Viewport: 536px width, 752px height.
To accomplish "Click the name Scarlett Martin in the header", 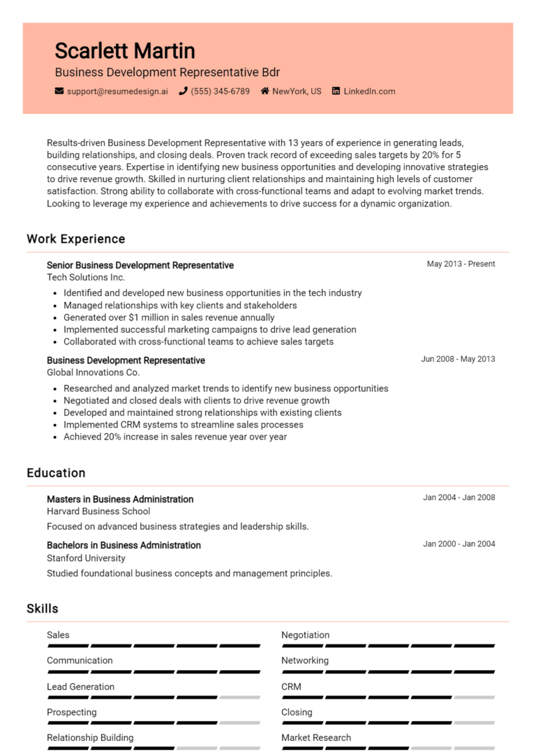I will click(x=125, y=51).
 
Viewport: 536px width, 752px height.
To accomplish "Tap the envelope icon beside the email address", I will click(x=59, y=91).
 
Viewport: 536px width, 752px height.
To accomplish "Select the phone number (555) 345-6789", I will click(x=220, y=91).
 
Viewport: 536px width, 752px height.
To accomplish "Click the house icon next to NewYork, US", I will click(x=265, y=91).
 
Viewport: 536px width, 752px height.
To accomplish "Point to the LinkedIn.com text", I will click(x=369, y=91).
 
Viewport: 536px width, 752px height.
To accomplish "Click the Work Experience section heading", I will click(x=76, y=239).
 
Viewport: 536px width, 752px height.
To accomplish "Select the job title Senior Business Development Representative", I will click(x=140, y=266).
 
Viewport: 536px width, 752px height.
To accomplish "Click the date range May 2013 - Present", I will click(x=461, y=264).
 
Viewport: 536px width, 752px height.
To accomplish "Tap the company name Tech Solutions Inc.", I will click(x=86, y=278).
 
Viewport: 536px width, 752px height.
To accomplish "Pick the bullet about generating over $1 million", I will click(x=169, y=317).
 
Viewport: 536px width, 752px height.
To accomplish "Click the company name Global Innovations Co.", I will click(x=94, y=373).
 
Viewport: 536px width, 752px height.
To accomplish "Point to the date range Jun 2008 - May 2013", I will click(x=458, y=359).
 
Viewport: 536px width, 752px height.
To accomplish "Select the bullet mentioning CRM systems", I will click(x=183, y=425).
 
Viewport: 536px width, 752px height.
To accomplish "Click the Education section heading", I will click(x=56, y=473).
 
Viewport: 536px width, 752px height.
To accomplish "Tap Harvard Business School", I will click(x=98, y=511).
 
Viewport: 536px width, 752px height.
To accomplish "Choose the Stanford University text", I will click(x=86, y=558).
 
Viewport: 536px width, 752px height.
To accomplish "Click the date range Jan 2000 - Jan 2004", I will click(x=459, y=544).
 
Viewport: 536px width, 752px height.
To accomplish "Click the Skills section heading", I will click(x=43, y=609).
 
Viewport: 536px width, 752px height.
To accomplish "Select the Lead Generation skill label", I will click(x=80, y=687).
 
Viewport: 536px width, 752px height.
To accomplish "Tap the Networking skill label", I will click(x=305, y=661).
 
